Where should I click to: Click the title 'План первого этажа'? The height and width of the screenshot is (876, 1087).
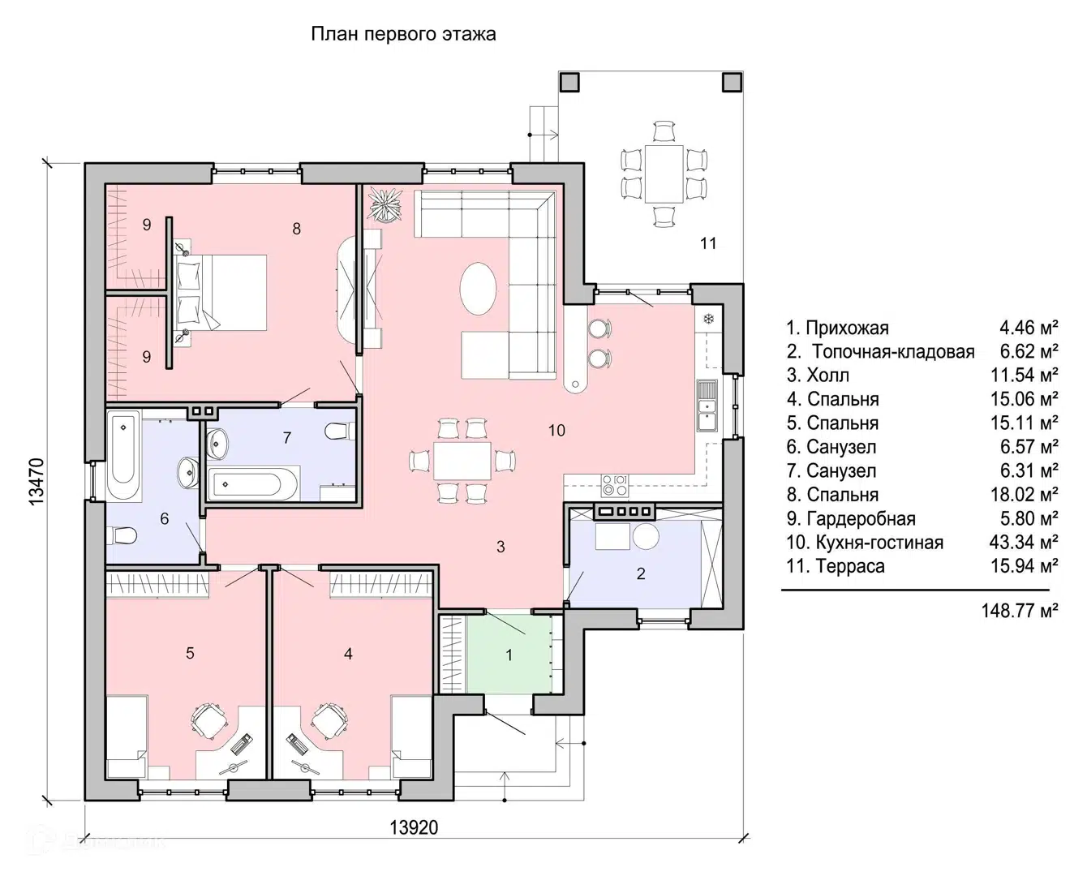tap(403, 34)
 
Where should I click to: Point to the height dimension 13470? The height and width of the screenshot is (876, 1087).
tap(37, 482)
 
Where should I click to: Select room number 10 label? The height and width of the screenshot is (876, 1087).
tap(556, 431)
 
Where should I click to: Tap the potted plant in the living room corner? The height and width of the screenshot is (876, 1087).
tap(386, 204)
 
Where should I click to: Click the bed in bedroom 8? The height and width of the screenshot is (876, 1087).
tap(221, 293)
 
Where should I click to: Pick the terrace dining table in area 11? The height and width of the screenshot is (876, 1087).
tap(664, 174)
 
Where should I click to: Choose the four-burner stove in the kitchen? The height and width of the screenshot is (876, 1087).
tap(614, 484)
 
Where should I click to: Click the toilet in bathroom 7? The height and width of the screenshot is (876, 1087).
tap(338, 431)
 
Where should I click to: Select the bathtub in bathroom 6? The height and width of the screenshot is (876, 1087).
tap(123, 456)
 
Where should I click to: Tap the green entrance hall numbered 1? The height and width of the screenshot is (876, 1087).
tap(508, 655)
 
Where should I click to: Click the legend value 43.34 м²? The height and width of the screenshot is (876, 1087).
tap(1024, 543)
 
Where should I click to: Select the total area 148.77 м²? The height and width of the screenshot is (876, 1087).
tap(1020, 611)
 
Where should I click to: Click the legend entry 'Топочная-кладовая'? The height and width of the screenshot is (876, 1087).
tap(894, 351)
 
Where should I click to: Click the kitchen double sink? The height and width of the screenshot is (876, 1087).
tap(707, 405)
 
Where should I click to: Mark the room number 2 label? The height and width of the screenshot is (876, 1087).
tap(641, 573)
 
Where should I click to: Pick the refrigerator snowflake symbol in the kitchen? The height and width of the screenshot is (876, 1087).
tap(709, 319)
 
